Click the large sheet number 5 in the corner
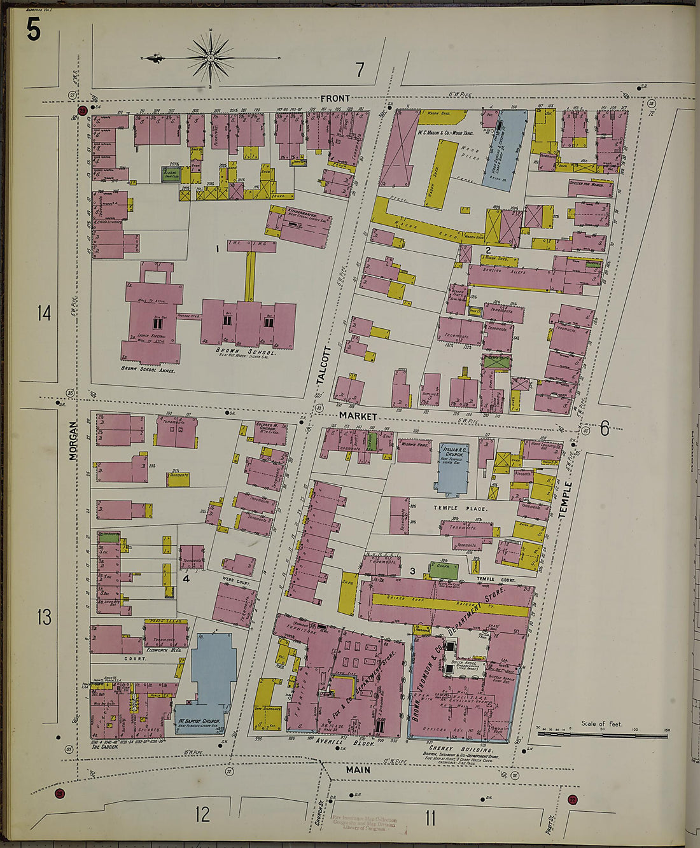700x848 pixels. (33, 29)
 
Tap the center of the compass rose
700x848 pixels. (210, 59)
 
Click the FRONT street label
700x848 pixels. (335, 98)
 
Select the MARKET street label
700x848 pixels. (358, 415)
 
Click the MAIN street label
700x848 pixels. (358, 770)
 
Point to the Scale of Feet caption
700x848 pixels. (601, 724)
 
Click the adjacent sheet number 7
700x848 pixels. (360, 70)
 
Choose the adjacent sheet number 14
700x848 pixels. (44, 313)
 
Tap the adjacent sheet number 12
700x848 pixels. (202, 814)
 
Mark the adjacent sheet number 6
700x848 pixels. (604, 429)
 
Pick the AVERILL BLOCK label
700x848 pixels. (344, 742)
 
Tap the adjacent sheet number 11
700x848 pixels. (430, 817)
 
